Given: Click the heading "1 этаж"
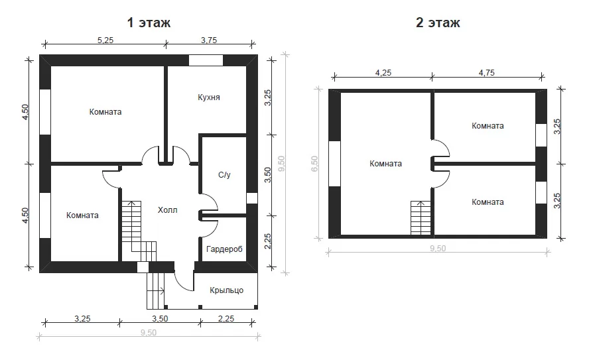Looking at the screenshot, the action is pyautogui.click(x=149, y=23).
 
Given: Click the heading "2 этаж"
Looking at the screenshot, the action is pyautogui.click(x=438, y=23).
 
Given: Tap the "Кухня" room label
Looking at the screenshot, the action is pyautogui.click(x=209, y=97).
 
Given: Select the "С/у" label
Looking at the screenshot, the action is pyautogui.click(x=224, y=175).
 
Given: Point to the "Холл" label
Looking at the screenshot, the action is pyautogui.click(x=168, y=210).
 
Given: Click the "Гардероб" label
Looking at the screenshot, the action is pyautogui.click(x=224, y=249).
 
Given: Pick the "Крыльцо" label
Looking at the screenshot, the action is pyautogui.click(x=226, y=290).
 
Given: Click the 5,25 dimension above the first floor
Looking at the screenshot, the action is pyautogui.click(x=105, y=40).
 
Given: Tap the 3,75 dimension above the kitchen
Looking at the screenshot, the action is pyautogui.click(x=209, y=40).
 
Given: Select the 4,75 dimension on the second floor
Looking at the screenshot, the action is pyautogui.click(x=486, y=73).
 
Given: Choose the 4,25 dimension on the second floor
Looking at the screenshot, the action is pyautogui.click(x=383, y=73).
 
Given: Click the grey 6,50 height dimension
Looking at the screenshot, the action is pyautogui.click(x=314, y=164).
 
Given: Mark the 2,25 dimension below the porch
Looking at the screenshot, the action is pyautogui.click(x=226, y=319).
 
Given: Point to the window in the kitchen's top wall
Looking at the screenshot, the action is pyautogui.click(x=206, y=60).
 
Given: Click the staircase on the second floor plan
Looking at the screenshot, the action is pyautogui.click(x=421, y=218).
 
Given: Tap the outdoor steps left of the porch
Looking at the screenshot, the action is pyautogui.click(x=155, y=291).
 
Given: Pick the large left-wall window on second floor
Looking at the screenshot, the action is pyautogui.click(x=335, y=164).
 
